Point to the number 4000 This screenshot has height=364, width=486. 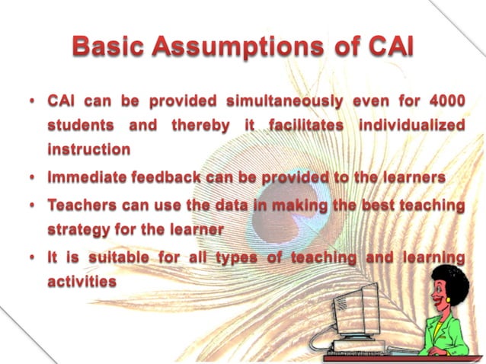tap(445, 101)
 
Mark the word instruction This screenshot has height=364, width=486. tap(88, 149)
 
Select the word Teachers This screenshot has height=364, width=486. tap(82, 205)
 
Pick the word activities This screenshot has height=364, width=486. tap(82, 282)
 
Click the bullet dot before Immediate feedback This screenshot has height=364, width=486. tap(34, 178)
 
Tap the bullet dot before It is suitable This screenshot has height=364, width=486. tap(34, 257)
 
